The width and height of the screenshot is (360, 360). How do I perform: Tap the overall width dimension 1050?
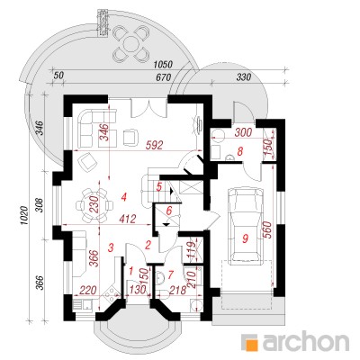pyautogui.click(x=163, y=65)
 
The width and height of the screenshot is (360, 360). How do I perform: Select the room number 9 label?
pyautogui.click(x=246, y=238)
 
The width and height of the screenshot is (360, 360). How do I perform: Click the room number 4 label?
pyautogui.click(x=124, y=197)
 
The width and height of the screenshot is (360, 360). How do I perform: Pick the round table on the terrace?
pyautogui.click(x=131, y=44)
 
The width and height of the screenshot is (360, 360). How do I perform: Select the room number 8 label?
pyautogui.click(x=239, y=152)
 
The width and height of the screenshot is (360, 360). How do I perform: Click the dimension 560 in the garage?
pyautogui.click(x=266, y=229)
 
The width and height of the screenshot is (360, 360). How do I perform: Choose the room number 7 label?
pyautogui.click(x=171, y=274)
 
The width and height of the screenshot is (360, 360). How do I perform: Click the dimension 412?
pyautogui.click(x=128, y=219)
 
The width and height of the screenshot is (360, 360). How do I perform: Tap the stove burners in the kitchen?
pyautogui.click(x=111, y=292)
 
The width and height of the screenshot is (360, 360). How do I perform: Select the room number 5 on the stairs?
pyautogui.click(x=159, y=187)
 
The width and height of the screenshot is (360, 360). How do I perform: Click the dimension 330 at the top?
pyautogui.click(x=244, y=77)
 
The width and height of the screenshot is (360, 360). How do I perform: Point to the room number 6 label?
pyautogui.click(x=169, y=211)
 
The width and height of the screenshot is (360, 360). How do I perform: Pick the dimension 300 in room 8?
pyautogui.click(x=244, y=132)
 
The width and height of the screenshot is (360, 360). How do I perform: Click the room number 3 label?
pyautogui.click(x=111, y=248)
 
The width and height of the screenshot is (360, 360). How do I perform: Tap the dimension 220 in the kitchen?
pyautogui.click(x=88, y=290)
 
